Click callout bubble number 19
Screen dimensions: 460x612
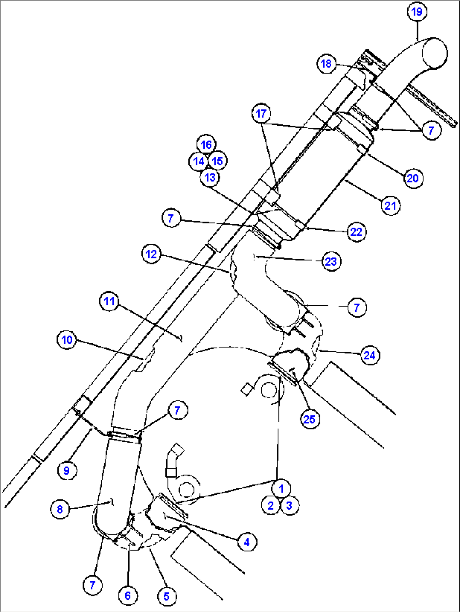[417, 12]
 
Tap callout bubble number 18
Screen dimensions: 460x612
[326, 64]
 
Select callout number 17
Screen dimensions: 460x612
[261, 113]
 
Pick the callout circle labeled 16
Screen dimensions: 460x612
[206, 145]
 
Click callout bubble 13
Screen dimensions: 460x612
[210, 177]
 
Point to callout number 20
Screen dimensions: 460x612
[413, 178]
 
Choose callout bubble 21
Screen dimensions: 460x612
[390, 206]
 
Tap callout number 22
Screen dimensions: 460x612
[356, 232]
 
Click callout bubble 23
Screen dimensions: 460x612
[331, 262]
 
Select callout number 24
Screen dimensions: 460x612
[370, 355]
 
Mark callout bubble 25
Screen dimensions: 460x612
[310, 419]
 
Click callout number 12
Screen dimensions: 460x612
[152, 254]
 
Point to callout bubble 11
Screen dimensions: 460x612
[109, 301]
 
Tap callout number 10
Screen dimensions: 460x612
[67, 340]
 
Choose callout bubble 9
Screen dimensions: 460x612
[67, 471]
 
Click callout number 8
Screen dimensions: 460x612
[60, 510]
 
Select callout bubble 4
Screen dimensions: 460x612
[247, 542]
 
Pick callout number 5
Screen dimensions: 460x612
[167, 596]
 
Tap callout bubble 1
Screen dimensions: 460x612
[281, 488]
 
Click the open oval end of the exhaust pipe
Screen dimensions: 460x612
[435, 53]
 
